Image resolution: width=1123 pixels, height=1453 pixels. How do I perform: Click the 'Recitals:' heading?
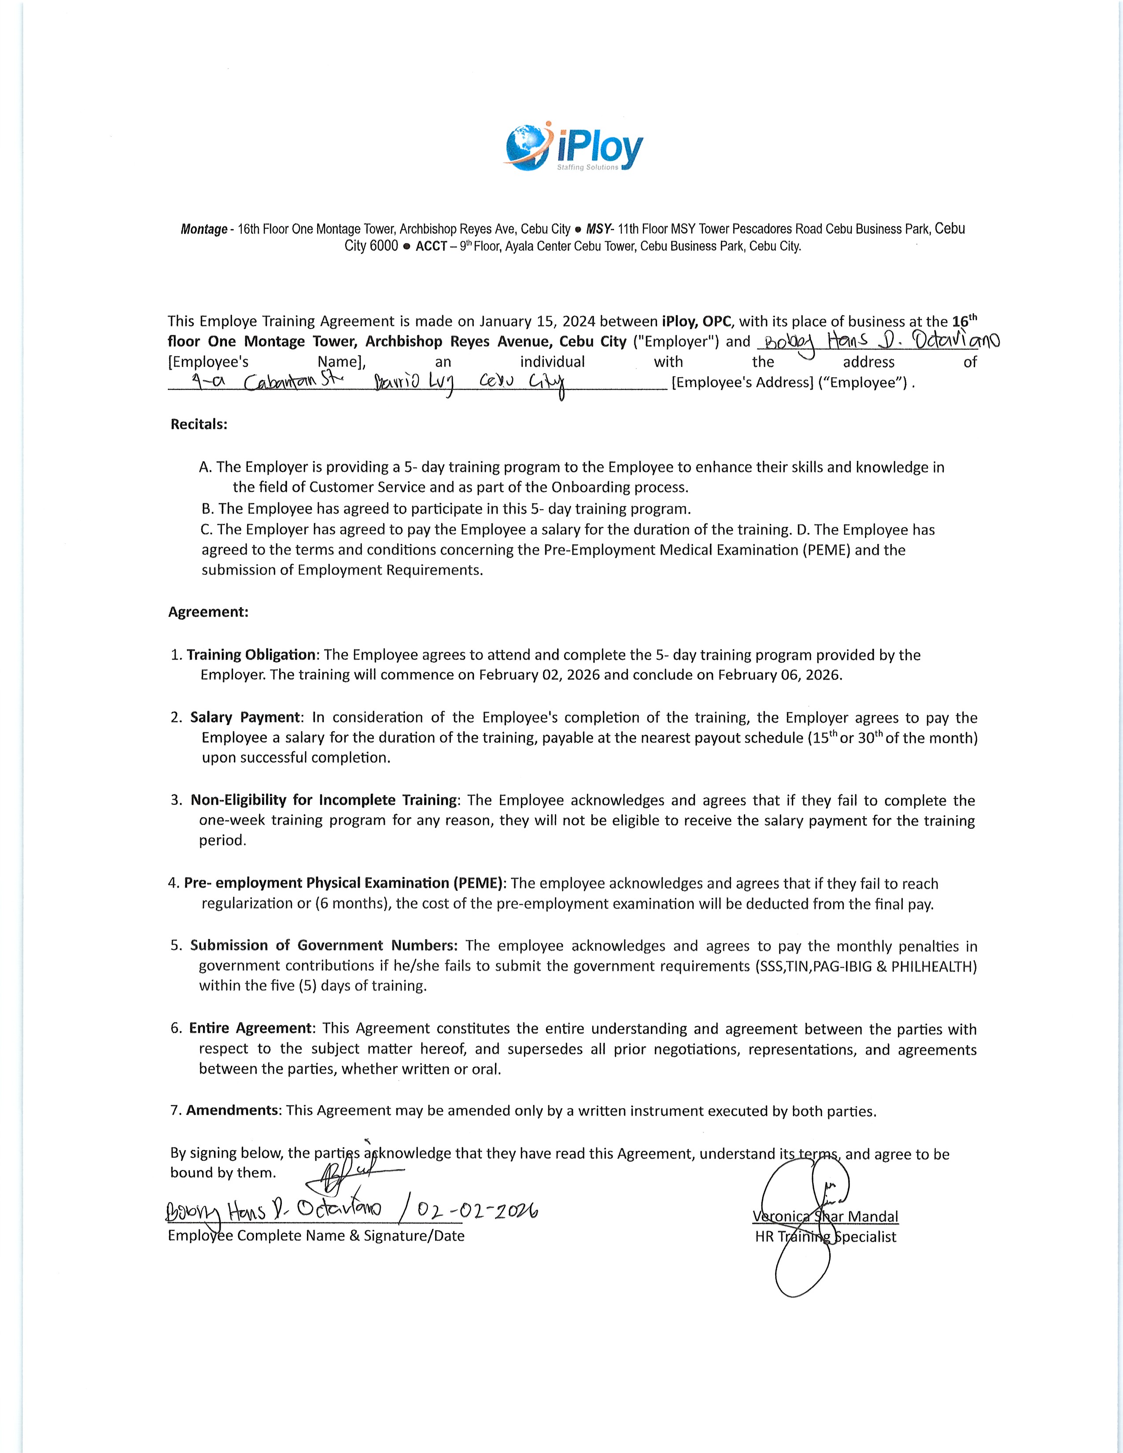click(x=199, y=424)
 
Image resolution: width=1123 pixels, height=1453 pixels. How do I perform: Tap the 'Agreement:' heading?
click(x=208, y=612)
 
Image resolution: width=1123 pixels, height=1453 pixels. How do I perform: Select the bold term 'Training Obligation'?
click(x=251, y=655)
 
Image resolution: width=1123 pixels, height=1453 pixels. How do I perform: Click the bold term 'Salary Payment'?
click(x=245, y=717)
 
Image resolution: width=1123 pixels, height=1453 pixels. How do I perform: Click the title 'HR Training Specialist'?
click(x=825, y=1237)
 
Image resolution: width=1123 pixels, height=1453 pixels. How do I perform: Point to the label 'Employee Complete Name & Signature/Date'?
click(x=316, y=1235)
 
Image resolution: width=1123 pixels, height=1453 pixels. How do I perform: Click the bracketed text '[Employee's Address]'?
click(x=743, y=383)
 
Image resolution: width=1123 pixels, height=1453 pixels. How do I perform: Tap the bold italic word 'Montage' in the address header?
click(x=203, y=229)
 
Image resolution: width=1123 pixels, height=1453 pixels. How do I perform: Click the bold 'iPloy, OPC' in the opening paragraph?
click(x=697, y=321)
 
